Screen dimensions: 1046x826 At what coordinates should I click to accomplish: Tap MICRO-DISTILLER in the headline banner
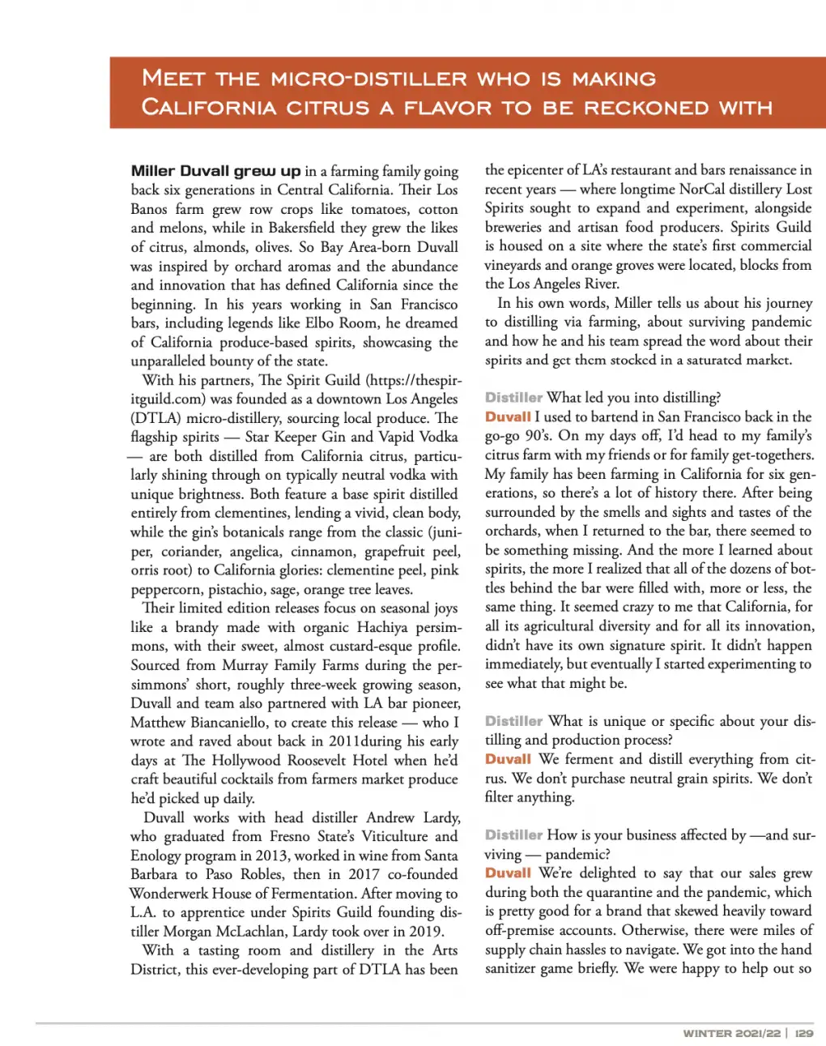point(368,79)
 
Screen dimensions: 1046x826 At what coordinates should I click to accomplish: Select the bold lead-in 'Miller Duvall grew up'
point(215,171)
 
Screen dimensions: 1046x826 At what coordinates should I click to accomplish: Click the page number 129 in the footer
point(803,1033)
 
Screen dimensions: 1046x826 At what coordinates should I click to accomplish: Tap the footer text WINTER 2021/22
point(731,1033)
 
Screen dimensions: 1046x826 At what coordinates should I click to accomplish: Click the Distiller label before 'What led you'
point(513,398)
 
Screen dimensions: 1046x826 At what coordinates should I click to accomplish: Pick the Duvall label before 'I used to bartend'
point(508,416)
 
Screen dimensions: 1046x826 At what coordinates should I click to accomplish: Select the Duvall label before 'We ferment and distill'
point(508,759)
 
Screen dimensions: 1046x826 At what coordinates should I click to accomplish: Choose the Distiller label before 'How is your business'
point(513,835)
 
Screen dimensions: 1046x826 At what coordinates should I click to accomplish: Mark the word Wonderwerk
point(168,894)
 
